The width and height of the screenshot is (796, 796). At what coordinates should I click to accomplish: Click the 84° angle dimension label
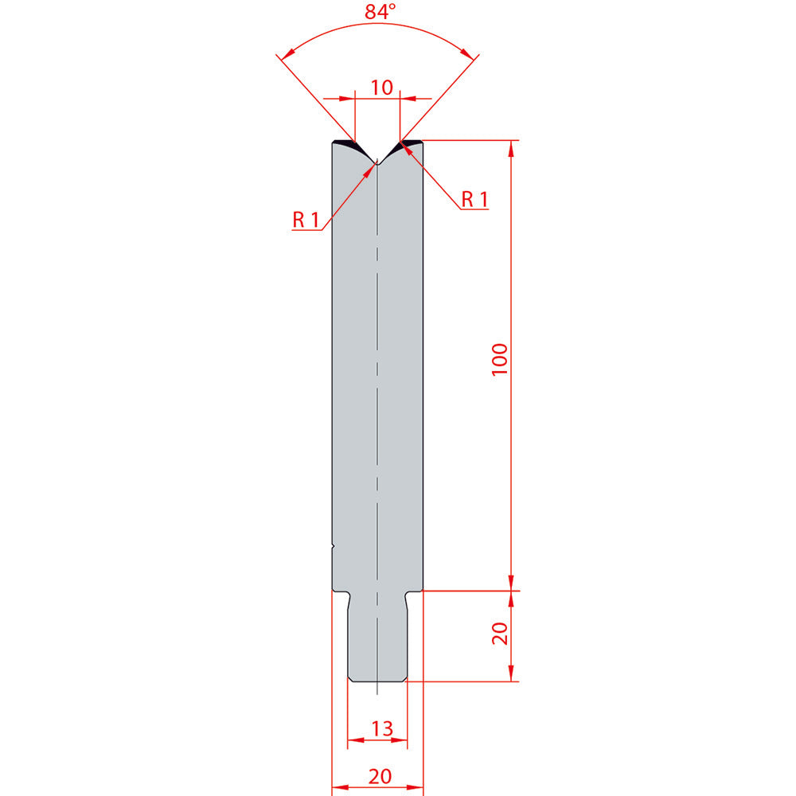(x=380, y=11)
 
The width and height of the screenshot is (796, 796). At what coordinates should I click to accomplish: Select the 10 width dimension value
(x=381, y=88)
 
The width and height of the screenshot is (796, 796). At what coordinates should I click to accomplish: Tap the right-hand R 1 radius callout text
(x=474, y=200)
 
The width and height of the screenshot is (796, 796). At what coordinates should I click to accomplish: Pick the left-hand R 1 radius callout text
(x=306, y=220)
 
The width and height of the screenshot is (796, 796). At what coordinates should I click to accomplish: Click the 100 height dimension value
(x=500, y=360)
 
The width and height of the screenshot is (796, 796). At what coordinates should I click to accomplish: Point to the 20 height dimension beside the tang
(x=500, y=634)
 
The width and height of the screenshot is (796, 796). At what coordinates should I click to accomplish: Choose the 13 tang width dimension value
(x=382, y=729)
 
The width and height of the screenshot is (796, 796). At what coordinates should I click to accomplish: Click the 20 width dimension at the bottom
(x=380, y=776)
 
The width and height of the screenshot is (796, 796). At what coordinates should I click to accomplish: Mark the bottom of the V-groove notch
(x=377, y=163)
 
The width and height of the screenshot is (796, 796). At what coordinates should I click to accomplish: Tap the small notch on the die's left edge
(x=333, y=546)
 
